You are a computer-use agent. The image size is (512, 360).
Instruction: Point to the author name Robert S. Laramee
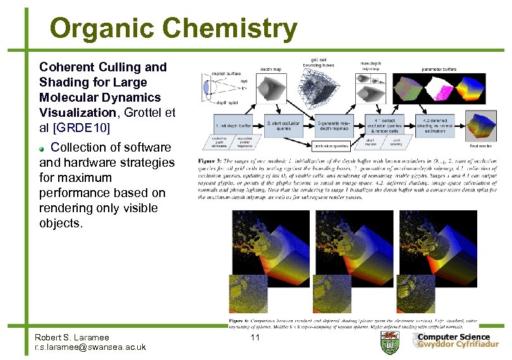[72, 337]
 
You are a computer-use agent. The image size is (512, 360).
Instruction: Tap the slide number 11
[255, 338]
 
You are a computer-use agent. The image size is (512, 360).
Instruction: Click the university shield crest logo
[390, 342]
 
